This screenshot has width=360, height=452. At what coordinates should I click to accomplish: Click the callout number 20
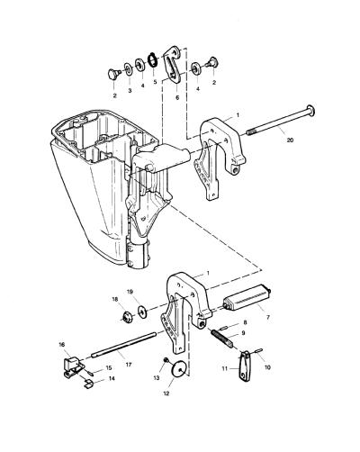pyautogui.click(x=290, y=140)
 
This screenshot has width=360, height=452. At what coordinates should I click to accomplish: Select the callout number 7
pyautogui.click(x=268, y=317)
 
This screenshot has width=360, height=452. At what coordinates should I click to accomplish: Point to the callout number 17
pyautogui.click(x=129, y=365)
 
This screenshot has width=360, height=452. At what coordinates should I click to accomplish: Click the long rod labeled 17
pyautogui.click(x=124, y=344)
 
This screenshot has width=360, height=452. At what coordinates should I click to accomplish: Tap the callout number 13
pyautogui.click(x=157, y=378)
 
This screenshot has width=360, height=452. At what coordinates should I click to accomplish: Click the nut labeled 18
pyautogui.click(x=128, y=317)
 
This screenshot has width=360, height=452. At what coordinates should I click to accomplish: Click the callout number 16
pyautogui.click(x=62, y=345)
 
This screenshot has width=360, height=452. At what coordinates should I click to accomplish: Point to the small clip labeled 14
pyautogui.click(x=88, y=384)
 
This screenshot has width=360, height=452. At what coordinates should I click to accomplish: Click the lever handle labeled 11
pyautogui.click(x=246, y=364)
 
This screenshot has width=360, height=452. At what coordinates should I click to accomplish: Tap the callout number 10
pyautogui.click(x=267, y=367)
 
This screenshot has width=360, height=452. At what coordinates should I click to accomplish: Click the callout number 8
pyautogui.click(x=245, y=322)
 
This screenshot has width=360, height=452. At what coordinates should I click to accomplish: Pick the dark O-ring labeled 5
pyautogui.click(x=153, y=59)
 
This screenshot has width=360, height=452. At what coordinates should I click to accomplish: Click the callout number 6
pyautogui.click(x=177, y=97)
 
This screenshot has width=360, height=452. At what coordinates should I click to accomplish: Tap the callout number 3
pyautogui.click(x=130, y=90)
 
